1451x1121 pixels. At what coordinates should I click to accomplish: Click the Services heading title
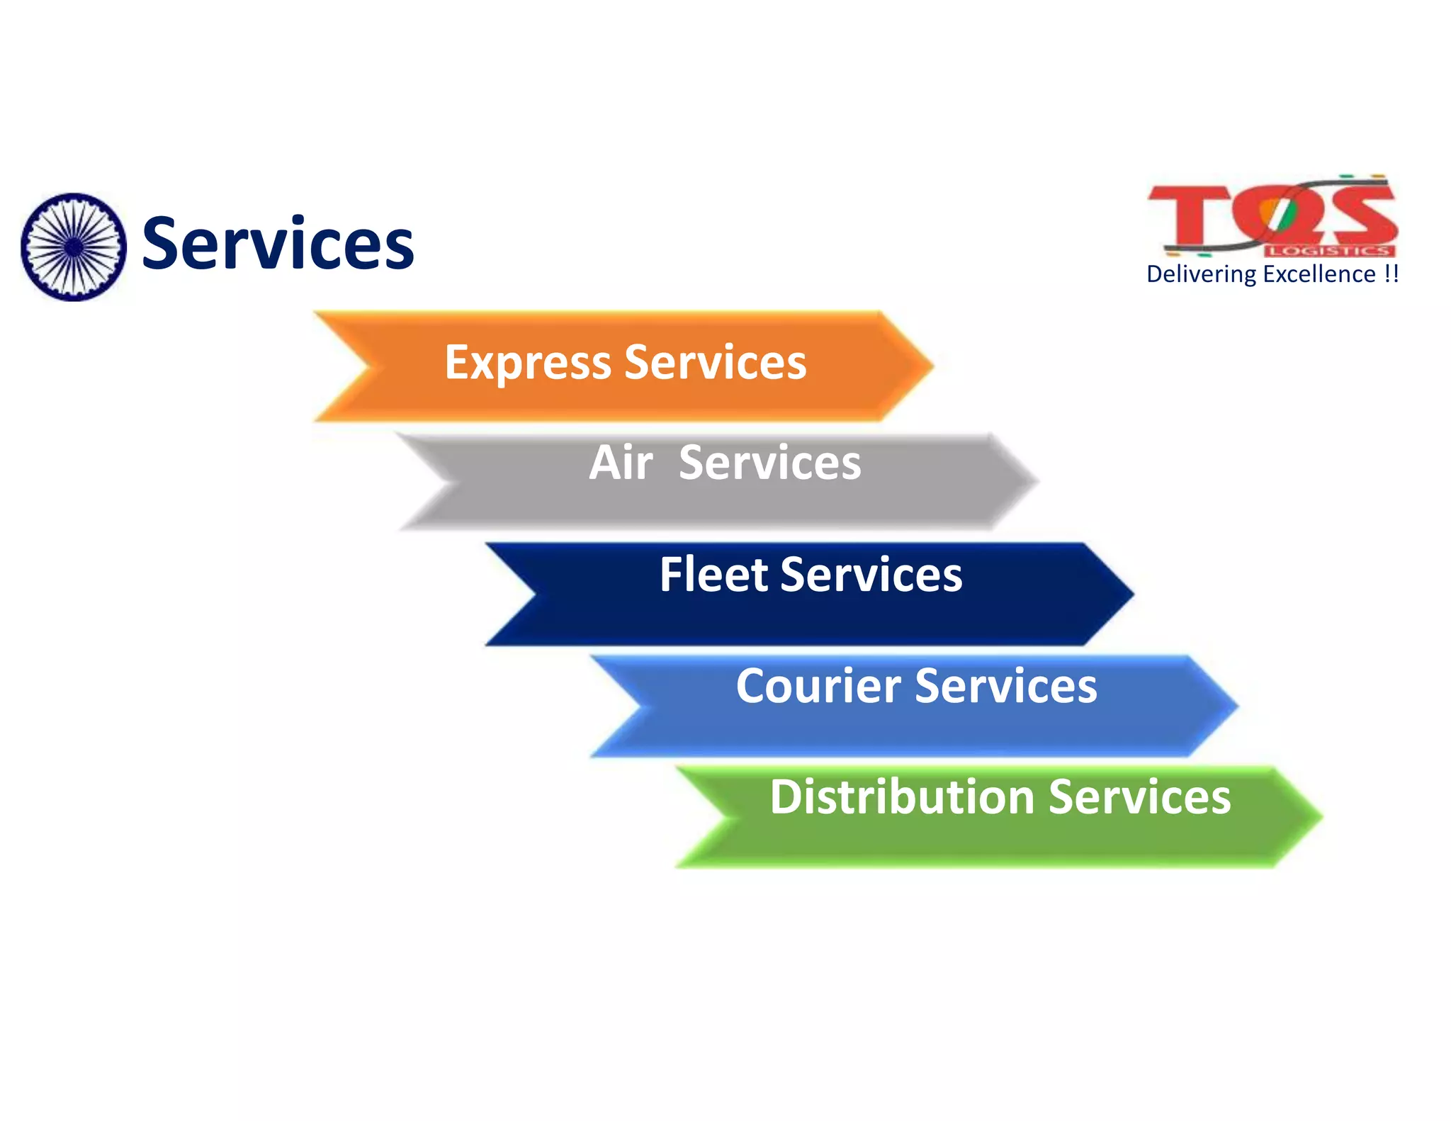278,244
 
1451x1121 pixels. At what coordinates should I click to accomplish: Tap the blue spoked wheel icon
74,247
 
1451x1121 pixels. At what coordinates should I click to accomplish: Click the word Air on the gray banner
621,463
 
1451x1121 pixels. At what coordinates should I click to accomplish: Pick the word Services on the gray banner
770,463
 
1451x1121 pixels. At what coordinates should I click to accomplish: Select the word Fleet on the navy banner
713,574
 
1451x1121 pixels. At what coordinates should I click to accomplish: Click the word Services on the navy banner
871,574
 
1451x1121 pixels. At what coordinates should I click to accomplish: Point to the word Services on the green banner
1139,797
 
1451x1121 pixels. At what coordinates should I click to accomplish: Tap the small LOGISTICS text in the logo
1330,250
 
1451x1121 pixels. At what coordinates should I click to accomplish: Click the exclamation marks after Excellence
1391,274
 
